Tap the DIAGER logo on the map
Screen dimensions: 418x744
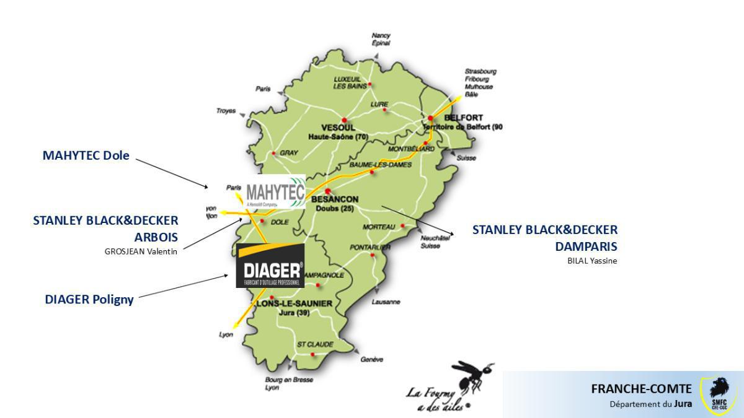pyautogui.click(x=270, y=266)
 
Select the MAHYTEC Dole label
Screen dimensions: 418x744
pyautogui.click(x=86, y=155)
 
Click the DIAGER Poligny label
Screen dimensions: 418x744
pyautogui.click(x=89, y=300)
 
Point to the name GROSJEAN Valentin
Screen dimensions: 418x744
pyautogui.click(x=141, y=251)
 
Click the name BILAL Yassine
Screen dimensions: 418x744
pyautogui.click(x=592, y=261)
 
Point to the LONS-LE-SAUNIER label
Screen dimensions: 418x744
pyautogui.click(x=294, y=303)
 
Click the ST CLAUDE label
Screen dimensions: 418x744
pyautogui.click(x=315, y=344)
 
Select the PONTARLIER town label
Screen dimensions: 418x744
pyautogui.click(x=370, y=247)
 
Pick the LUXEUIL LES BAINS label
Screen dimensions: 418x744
pyautogui.click(x=347, y=82)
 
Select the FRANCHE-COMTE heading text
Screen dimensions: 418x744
pyautogui.click(x=641, y=389)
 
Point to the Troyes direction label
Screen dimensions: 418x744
pyautogui.click(x=226, y=111)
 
